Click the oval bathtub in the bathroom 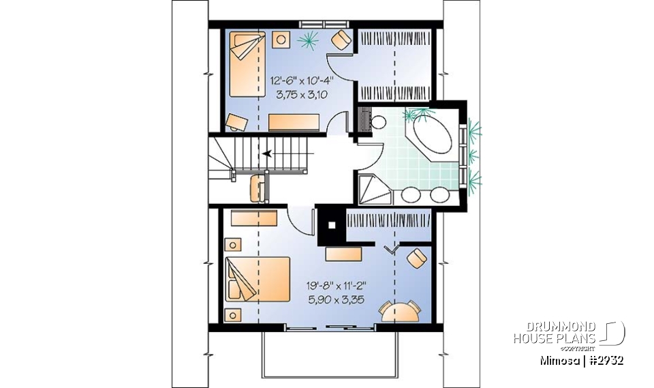click(430, 138)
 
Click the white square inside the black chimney click(332, 224)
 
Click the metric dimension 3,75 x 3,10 click(299, 95)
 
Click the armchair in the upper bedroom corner click(341, 41)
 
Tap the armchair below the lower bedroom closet click(416, 258)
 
